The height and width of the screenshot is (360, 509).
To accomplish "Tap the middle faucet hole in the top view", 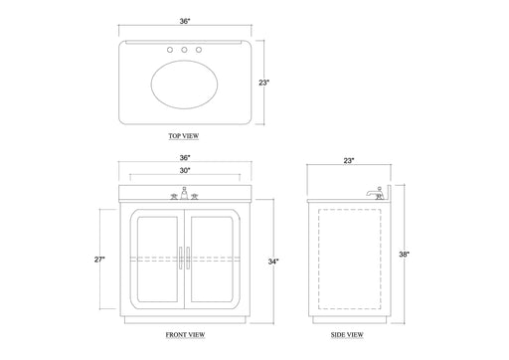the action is (184, 50).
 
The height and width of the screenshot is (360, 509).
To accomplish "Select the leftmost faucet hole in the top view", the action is (170, 50).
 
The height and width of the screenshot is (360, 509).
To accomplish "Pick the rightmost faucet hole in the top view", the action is (199, 50).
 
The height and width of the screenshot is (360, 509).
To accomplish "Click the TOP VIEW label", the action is (184, 136).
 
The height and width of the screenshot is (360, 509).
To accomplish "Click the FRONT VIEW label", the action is (185, 335).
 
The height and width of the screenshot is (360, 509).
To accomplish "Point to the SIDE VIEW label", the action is (347, 335).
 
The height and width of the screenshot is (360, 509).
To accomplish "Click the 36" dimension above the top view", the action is (185, 21).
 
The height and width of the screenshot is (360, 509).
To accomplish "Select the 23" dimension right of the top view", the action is (264, 83).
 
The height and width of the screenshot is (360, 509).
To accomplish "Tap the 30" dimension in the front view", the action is (185, 170).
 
